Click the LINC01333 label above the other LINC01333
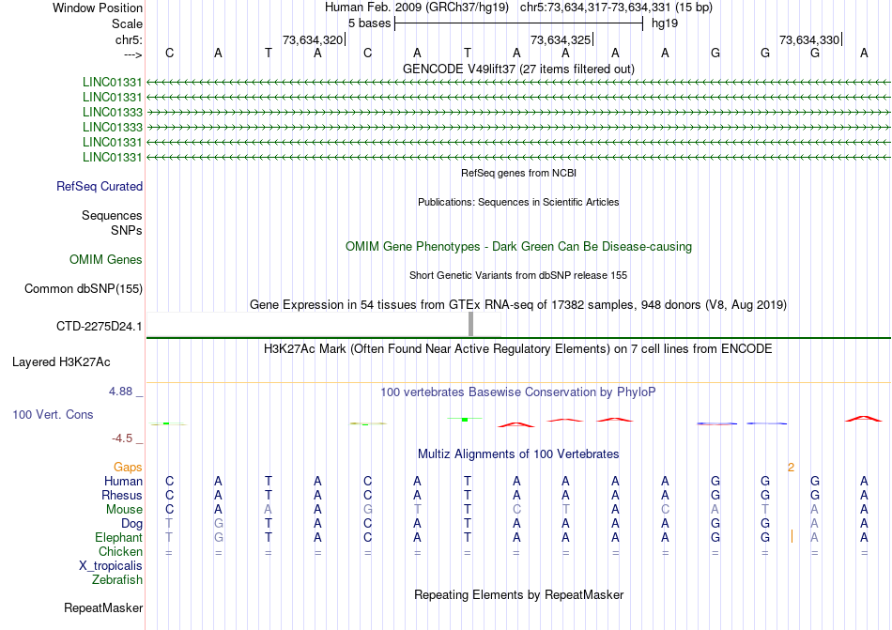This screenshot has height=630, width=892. coord(113,112)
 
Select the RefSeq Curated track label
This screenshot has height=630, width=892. coord(100,186)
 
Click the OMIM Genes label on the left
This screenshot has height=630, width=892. coord(106,259)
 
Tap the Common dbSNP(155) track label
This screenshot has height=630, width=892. coord(83,288)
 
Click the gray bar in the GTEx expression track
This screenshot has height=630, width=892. coord(470,323)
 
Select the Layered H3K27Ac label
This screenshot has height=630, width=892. coord(61,361)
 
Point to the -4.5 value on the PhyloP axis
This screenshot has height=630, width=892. coord(124,438)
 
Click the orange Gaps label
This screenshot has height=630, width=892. coord(128,467)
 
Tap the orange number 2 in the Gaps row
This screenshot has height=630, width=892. coord(791,467)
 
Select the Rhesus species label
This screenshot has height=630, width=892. coord(123,495)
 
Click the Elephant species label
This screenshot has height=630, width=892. coord(118,538)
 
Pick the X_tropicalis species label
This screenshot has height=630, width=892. coord(111,566)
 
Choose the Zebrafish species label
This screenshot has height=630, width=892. coord(117,580)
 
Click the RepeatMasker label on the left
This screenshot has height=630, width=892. coord(103,608)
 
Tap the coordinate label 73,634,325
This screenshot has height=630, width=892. coord(561,39)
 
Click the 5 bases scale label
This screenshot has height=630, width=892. coord(369,23)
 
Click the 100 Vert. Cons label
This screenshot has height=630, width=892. coord(53,414)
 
